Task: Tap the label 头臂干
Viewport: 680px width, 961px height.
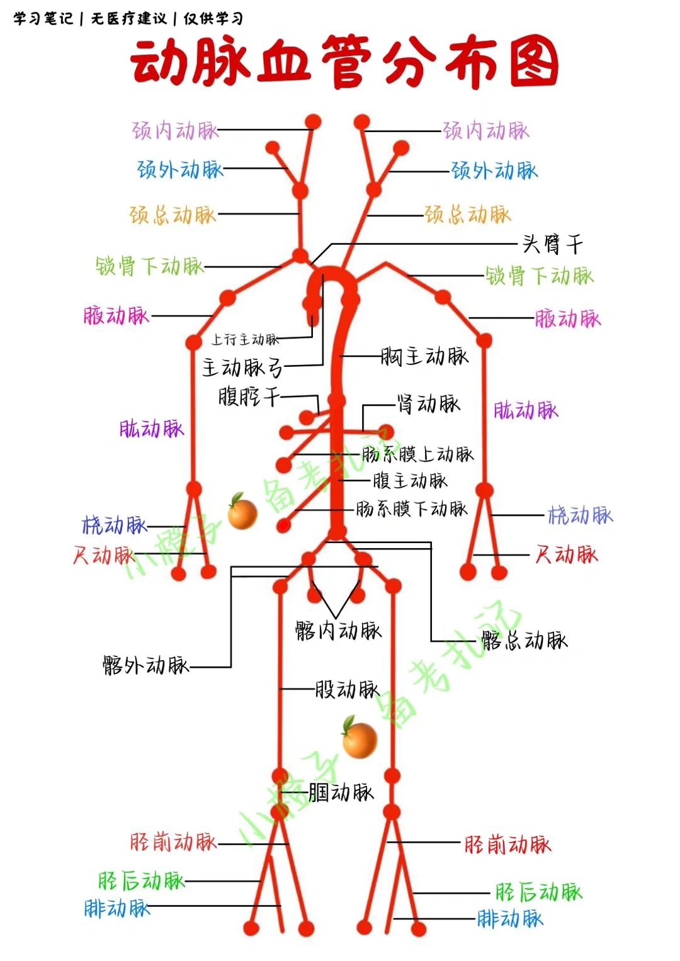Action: pyautogui.click(x=552, y=244)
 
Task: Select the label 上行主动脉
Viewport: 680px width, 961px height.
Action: pyautogui.click(x=245, y=340)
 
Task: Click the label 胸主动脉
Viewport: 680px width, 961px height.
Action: pyautogui.click(x=425, y=356)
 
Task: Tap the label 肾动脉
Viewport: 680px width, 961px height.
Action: pyautogui.click(x=428, y=403)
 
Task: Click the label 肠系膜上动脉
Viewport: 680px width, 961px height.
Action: pyautogui.click(x=417, y=454)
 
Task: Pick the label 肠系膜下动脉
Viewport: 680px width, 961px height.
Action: pyautogui.click(x=412, y=509)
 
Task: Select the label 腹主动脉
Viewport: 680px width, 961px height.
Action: pyautogui.click(x=410, y=481)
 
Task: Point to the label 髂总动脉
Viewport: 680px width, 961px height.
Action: pyautogui.click(x=524, y=640)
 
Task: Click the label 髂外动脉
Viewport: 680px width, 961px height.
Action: pyautogui.click(x=145, y=665)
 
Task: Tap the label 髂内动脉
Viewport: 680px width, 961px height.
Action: pyautogui.click(x=338, y=630)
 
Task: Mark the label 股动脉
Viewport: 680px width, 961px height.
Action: pyautogui.click(x=347, y=689)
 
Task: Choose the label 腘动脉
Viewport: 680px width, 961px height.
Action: pyautogui.click(x=341, y=792)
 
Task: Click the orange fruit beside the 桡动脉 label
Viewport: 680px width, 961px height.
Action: pyautogui.click(x=242, y=512)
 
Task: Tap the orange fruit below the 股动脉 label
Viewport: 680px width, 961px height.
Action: pyautogui.click(x=360, y=738)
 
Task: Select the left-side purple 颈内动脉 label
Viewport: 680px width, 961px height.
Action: pyautogui.click(x=175, y=130)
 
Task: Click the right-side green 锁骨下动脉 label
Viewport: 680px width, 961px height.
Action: pyautogui.click(x=539, y=275)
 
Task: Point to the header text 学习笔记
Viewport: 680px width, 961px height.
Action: pyautogui.click(x=43, y=18)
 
